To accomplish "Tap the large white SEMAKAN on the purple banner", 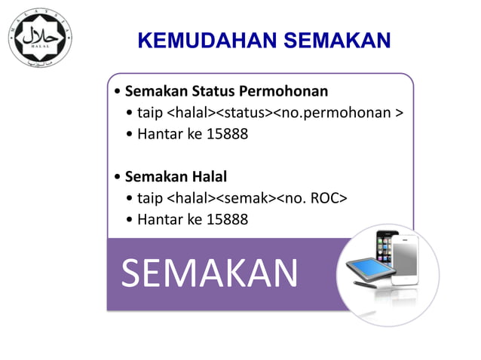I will click(x=210, y=273).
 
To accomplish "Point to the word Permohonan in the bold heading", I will click(x=285, y=92).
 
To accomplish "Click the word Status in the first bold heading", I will click(x=213, y=92).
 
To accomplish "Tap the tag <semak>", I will click(x=247, y=199).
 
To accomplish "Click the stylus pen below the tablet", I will click(x=366, y=286).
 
